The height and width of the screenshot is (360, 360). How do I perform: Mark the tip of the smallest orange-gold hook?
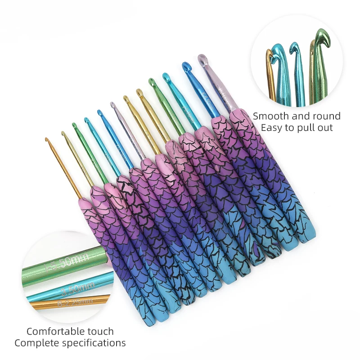pos(47,140)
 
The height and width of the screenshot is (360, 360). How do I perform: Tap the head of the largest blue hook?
pos(186,66)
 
